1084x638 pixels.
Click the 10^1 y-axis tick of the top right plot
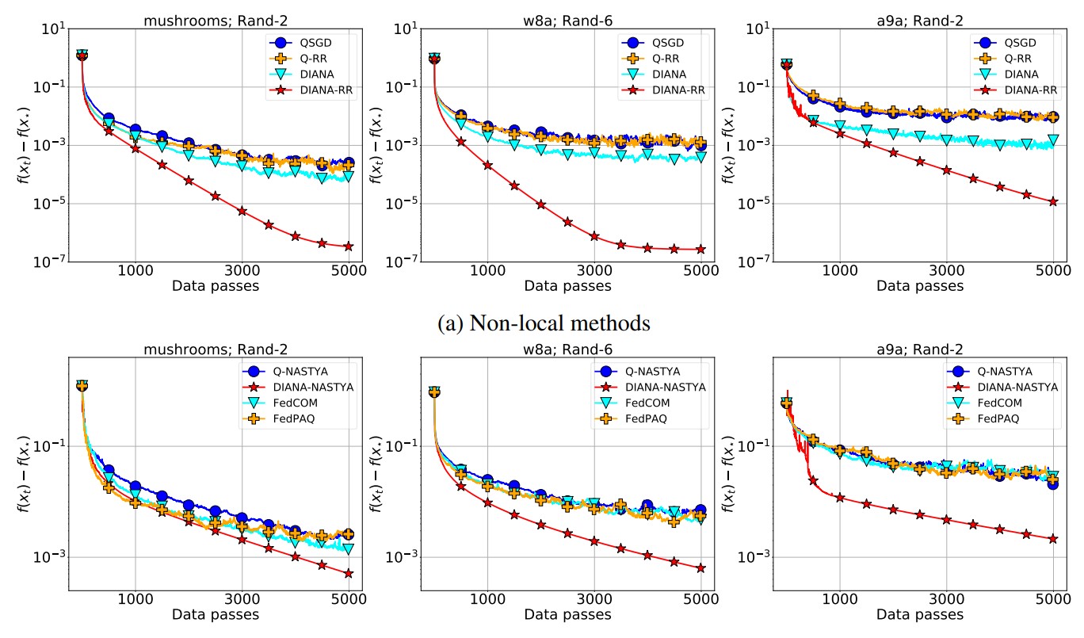coord(759,29)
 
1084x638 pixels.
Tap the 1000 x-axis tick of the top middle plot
coord(487,269)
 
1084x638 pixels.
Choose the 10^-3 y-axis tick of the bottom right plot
coord(757,557)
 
